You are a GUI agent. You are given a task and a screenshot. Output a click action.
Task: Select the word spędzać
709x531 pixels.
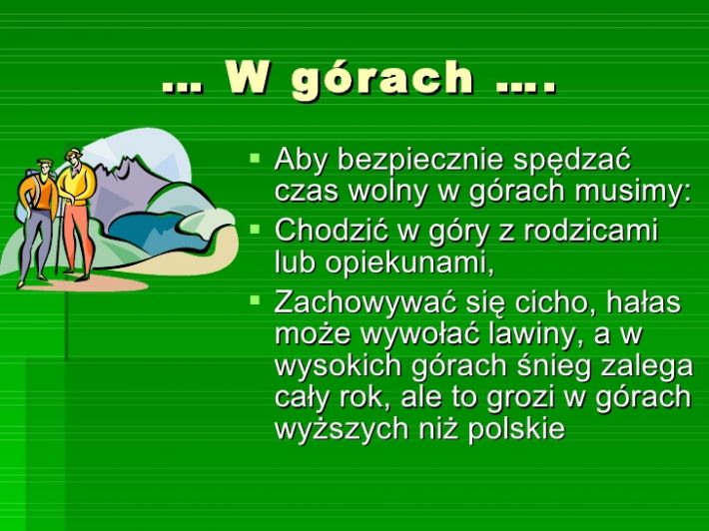pyautogui.click(x=571, y=162)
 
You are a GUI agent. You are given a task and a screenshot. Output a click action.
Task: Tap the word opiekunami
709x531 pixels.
pyautogui.click(x=409, y=265)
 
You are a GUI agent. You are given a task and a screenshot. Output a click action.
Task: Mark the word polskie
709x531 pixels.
pyautogui.click(x=516, y=428)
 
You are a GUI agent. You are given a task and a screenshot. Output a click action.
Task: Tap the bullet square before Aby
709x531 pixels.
pyautogui.click(x=255, y=158)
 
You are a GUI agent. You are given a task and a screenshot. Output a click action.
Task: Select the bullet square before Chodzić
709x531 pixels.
pyautogui.click(x=255, y=229)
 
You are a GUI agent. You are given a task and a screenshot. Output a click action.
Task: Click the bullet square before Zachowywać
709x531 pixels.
pyautogui.click(x=255, y=299)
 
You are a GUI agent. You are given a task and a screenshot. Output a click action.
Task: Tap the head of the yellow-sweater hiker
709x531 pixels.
pyautogui.click(x=73, y=157)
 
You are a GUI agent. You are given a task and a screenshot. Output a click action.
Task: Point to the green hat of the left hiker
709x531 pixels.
pyautogui.click(x=44, y=162)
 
